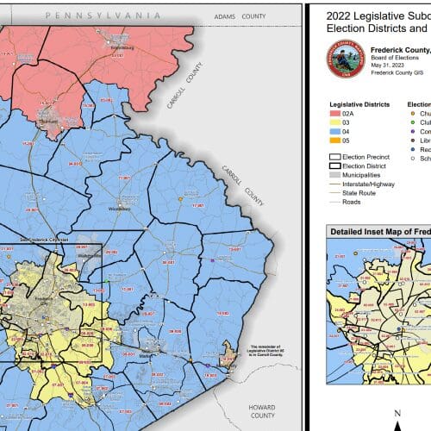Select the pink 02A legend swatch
coord(336,113)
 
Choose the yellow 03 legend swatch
coord(336,122)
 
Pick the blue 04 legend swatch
coord(336,131)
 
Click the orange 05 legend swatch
coord(336,140)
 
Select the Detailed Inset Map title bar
coord(379,231)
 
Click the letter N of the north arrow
coord(397,414)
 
